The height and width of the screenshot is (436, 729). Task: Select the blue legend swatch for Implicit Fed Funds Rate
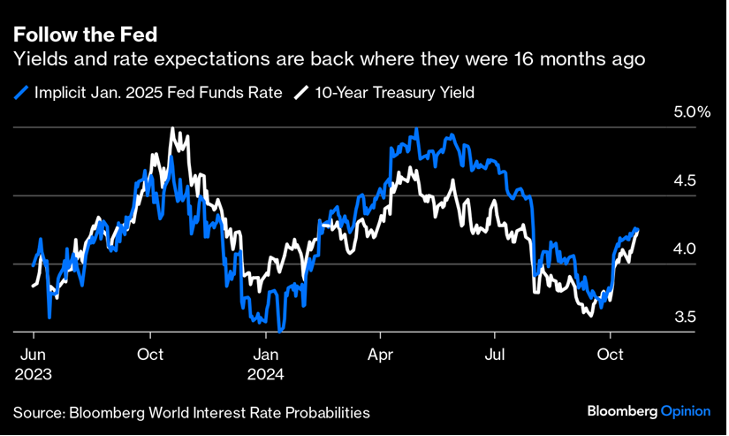point(20,93)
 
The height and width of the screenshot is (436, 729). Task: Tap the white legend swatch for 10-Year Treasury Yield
point(301,93)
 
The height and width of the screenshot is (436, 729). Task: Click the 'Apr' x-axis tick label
point(379,356)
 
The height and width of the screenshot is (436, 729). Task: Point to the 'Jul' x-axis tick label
point(495,356)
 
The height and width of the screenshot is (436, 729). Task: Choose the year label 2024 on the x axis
point(266,374)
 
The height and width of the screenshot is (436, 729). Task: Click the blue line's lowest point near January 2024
point(280,331)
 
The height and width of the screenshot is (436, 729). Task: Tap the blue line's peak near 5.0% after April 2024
point(416,129)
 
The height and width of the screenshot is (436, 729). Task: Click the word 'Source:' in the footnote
point(38,413)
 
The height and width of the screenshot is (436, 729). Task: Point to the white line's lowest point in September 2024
point(591,315)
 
